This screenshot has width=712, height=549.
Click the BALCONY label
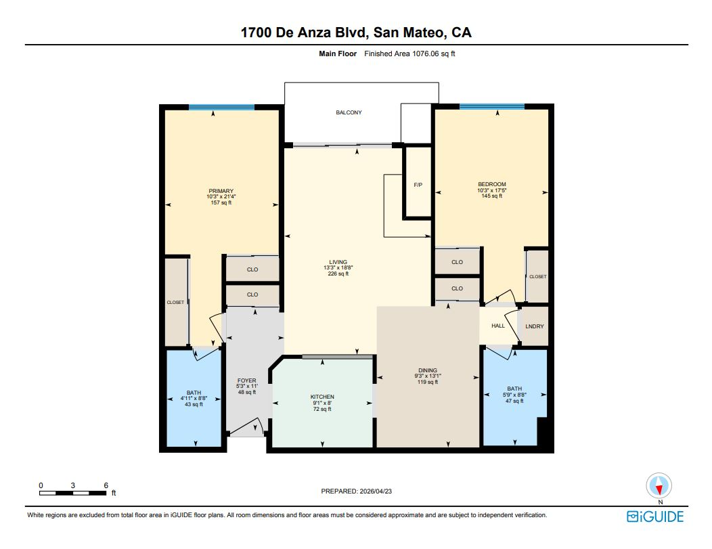(x=349, y=112)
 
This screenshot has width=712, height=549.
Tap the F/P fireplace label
(x=418, y=185)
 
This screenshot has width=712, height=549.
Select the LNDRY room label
(x=535, y=326)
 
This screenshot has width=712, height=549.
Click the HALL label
(x=498, y=326)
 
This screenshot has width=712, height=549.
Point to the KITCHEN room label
(x=322, y=397)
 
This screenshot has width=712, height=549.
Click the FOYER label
(x=246, y=380)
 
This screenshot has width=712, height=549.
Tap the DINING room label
(x=427, y=370)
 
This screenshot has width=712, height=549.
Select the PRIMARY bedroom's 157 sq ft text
(x=221, y=202)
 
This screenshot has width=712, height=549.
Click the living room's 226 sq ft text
(x=338, y=273)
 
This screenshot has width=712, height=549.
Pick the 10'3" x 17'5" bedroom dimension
(x=491, y=190)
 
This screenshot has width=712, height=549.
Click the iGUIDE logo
(x=654, y=517)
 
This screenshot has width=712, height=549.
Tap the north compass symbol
(x=659, y=486)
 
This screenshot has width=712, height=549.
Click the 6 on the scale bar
(x=106, y=485)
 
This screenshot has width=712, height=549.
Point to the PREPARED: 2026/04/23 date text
(x=355, y=491)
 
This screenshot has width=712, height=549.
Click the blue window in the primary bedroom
(x=221, y=107)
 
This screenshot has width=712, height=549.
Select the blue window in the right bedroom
(x=491, y=106)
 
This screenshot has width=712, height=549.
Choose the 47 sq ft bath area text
(x=514, y=401)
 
